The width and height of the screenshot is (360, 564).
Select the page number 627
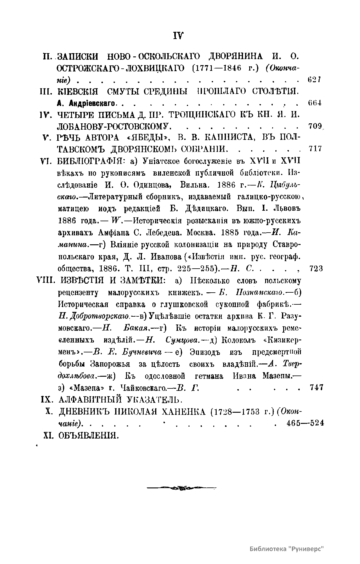pos(314,80)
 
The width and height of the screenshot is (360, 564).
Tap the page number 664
pos(315,103)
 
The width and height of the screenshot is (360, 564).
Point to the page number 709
pos(314,126)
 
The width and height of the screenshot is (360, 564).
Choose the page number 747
pos(316,387)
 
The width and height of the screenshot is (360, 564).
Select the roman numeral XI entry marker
pos(48,435)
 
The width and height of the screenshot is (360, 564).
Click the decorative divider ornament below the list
pos(181,488)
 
